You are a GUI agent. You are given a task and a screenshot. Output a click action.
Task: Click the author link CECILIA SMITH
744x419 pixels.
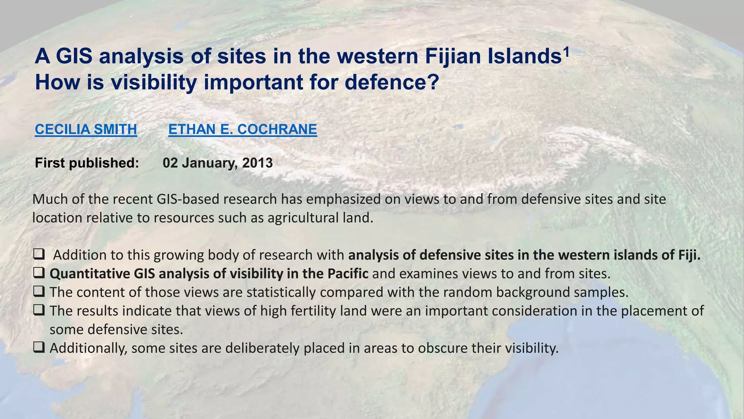click(86, 129)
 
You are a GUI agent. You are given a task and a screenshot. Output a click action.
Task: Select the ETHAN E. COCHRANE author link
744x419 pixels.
click(243, 129)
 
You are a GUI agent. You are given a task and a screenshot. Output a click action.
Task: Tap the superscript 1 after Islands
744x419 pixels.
click(565, 52)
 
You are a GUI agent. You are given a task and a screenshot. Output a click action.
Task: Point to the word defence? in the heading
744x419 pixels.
click(392, 83)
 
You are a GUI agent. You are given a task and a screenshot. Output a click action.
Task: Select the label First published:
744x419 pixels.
click(87, 163)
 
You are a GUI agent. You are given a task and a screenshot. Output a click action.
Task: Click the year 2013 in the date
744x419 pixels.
click(257, 163)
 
